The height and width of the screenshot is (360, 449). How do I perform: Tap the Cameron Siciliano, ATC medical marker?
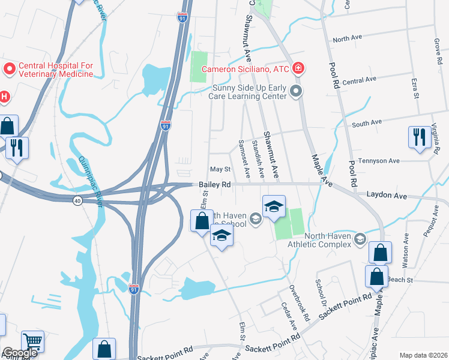[297, 69]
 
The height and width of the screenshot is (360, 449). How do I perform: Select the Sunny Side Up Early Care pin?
[295, 91]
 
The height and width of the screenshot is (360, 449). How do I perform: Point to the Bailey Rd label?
[215, 185]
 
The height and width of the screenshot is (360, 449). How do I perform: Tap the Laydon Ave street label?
[387, 196]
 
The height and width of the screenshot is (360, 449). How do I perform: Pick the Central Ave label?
[359, 79]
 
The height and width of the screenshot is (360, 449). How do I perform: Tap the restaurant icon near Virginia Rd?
[418, 136]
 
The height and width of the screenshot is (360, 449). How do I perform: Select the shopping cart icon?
[33, 342]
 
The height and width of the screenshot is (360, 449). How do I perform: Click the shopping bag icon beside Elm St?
[202, 220]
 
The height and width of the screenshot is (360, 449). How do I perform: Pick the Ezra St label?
[415, 88]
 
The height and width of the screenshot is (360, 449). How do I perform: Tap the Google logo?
[20, 353]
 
